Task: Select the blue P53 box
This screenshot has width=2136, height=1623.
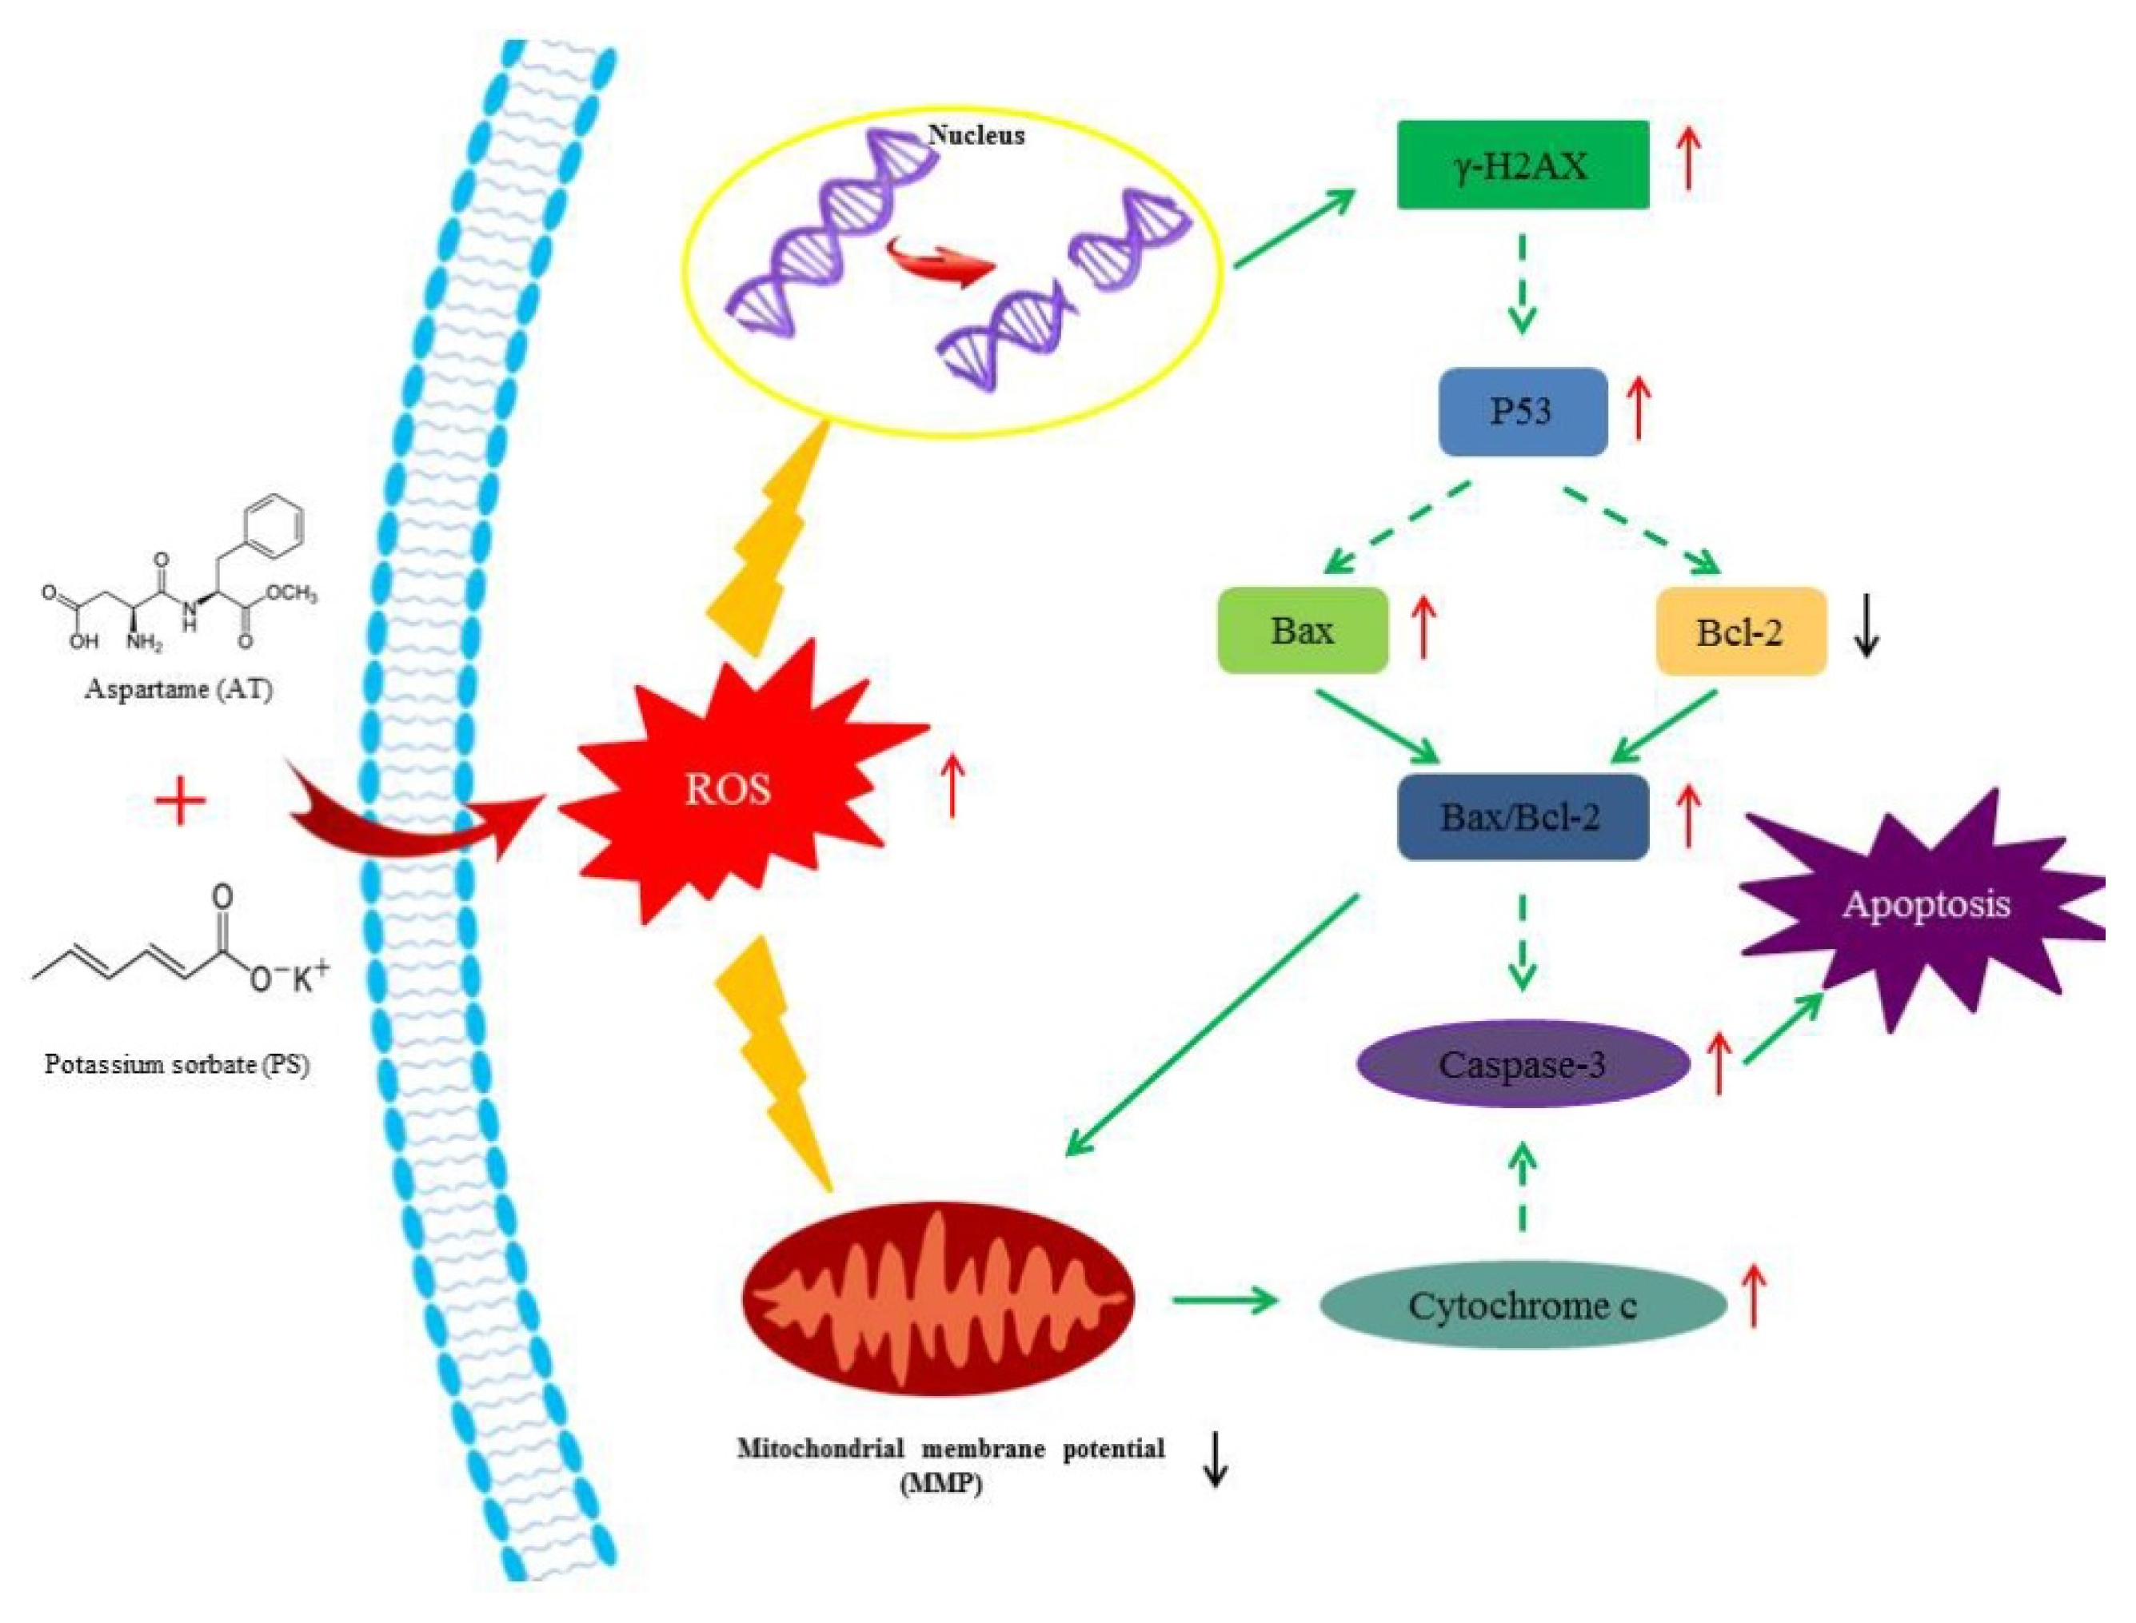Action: [x=1523, y=412]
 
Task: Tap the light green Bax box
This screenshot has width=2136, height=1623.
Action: [x=1302, y=631]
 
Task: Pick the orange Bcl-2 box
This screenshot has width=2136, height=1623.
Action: [x=1740, y=632]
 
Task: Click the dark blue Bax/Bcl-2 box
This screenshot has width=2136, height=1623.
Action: [x=1523, y=817]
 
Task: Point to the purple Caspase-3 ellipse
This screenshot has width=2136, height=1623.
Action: [x=1523, y=1065]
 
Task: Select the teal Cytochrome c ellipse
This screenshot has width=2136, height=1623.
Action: [x=1523, y=1306]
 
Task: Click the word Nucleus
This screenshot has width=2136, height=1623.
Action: [x=976, y=134]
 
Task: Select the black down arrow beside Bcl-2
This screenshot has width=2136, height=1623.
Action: [x=1867, y=632]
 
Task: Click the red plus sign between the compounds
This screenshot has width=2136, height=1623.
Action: [x=181, y=802]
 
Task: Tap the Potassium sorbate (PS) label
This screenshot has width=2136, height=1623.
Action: [x=177, y=1066]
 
